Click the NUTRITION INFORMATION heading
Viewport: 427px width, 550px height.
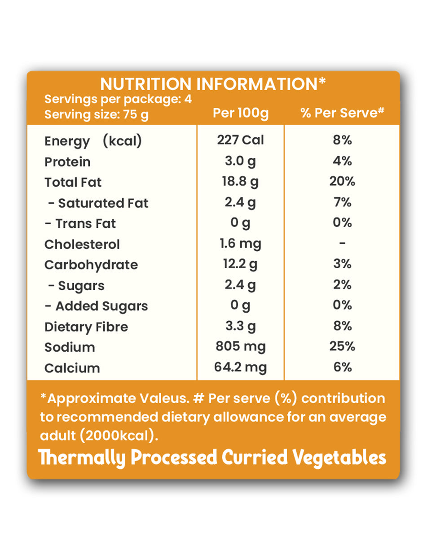pyautogui.click(x=213, y=84)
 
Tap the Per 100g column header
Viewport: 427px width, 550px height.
pyautogui.click(x=241, y=113)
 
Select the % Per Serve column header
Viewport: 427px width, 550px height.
pyautogui.click(x=342, y=113)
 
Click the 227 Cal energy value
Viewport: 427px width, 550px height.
pyautogui.click(x=241, y=140)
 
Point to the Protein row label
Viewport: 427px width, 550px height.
pyautogui.click(x=67, y=162)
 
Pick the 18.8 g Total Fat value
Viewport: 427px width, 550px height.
pyautogui.click(x=241, y=182)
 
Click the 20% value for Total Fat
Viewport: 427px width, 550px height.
pyautogui.click(x=342, y=182)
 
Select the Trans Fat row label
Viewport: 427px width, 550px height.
pyautogui.click(x=80, y=223)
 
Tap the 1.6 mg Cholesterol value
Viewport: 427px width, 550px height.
pyautogui.click(x=241, y=244)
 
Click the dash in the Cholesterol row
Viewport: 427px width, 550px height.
pyautogui.click(x=342, y=244)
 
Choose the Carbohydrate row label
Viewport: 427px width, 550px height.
pyautogui.click(x=91, y=265)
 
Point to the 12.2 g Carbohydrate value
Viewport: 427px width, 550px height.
pyautogui.click(x=241, y=265)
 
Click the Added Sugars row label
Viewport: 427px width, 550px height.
pyautogui.click(x=96, y=306)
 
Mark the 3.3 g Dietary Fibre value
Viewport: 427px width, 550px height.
pyautogui.click(x=241, y=326)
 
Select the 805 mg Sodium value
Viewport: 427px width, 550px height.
pyautogui.click(x=241, y=347)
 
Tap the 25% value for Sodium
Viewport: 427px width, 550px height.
pyautogui.click(x=342, y=347)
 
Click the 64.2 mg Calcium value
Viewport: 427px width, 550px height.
pyautogui.click(x=241, y=368)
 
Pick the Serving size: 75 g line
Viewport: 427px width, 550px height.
pyautogui.click(x=96, y=115)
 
